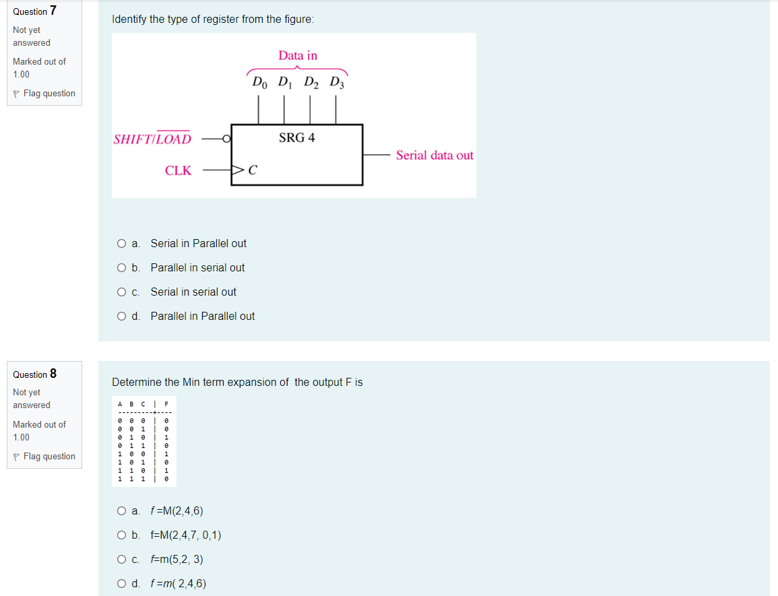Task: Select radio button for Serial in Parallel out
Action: point(121,243)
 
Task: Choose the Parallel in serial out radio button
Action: point(121,267)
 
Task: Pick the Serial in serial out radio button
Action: point(121,292)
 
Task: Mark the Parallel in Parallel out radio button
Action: point(121,316)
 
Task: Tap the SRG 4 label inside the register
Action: point(297,138)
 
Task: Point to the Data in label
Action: point(298,56)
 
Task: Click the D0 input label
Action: point(259,84)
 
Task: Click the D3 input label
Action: point(335,84)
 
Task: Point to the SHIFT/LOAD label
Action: point(152,139)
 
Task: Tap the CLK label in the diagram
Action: point(178,171)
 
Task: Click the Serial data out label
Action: point(434,156)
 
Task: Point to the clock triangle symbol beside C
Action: point(238,170)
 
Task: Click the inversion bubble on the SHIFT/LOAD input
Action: point(228,139)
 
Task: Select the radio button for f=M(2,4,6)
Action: point(121,511)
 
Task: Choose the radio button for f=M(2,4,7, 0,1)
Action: point(121,535)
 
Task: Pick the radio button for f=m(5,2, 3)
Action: point(121,560)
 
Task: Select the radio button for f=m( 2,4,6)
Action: point(121,584)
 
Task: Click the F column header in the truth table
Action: point(165,404)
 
